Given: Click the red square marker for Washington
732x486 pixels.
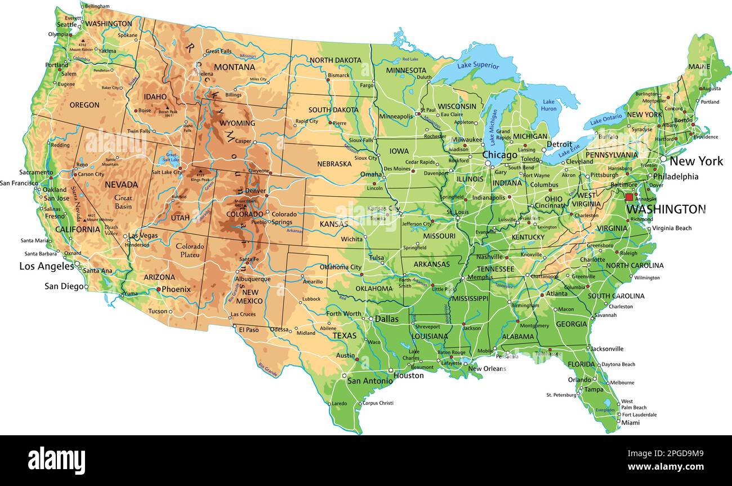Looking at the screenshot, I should [x=629, y=197].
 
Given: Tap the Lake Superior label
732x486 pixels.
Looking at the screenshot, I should [x=478, y=65].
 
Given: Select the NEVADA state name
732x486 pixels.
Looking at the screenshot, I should [x=121, y=184].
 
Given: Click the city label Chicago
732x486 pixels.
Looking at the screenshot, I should [x=499, y=155].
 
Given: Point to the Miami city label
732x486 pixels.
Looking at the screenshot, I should [x=631, y=423].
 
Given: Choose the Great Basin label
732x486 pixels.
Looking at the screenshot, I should [x=123, y=202].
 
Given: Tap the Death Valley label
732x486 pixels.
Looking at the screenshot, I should [x=111, y=230].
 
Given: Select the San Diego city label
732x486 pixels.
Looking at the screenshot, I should [x=64, y=286].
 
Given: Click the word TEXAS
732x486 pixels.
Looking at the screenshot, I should [x=344, y=335].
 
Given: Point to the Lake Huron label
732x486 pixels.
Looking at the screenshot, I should [x=548, y=105].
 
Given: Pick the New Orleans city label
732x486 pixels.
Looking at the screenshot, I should [x=487, y=369].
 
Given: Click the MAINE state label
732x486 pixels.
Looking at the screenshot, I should [x=699, y=67].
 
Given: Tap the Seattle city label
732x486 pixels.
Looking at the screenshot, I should [x=66, y=24].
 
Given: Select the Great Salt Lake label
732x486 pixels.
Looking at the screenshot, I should [x=172, y=157].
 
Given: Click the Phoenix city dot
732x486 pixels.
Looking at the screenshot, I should [x=158, y=289].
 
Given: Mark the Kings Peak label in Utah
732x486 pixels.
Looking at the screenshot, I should [x=199, y=179].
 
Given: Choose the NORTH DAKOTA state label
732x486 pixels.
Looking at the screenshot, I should [x=336, y=60].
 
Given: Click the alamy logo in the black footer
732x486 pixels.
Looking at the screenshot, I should [x=56, y=460].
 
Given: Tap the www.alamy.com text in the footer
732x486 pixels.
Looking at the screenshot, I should [x=666, y=467].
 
